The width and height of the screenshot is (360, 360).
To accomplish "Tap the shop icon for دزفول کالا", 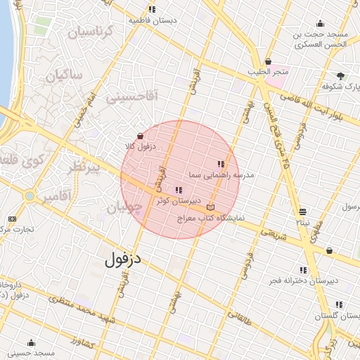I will tap(140, 136).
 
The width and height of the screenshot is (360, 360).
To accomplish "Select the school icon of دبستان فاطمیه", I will tap(152, 9).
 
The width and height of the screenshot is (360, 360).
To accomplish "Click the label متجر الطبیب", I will tap(268, 72).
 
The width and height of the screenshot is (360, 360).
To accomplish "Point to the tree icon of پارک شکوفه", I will tap(341, 75).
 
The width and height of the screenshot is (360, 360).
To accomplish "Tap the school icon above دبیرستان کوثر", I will tap(178, 190).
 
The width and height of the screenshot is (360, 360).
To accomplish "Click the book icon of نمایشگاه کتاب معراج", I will tap(212, 208).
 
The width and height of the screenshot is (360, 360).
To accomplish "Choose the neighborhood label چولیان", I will tap(124, 208).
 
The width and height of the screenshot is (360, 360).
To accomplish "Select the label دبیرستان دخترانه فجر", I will tap(303, 281).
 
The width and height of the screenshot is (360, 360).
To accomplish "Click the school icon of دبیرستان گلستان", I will tap(339, 304).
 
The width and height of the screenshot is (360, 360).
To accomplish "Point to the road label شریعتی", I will tap(274, 234).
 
